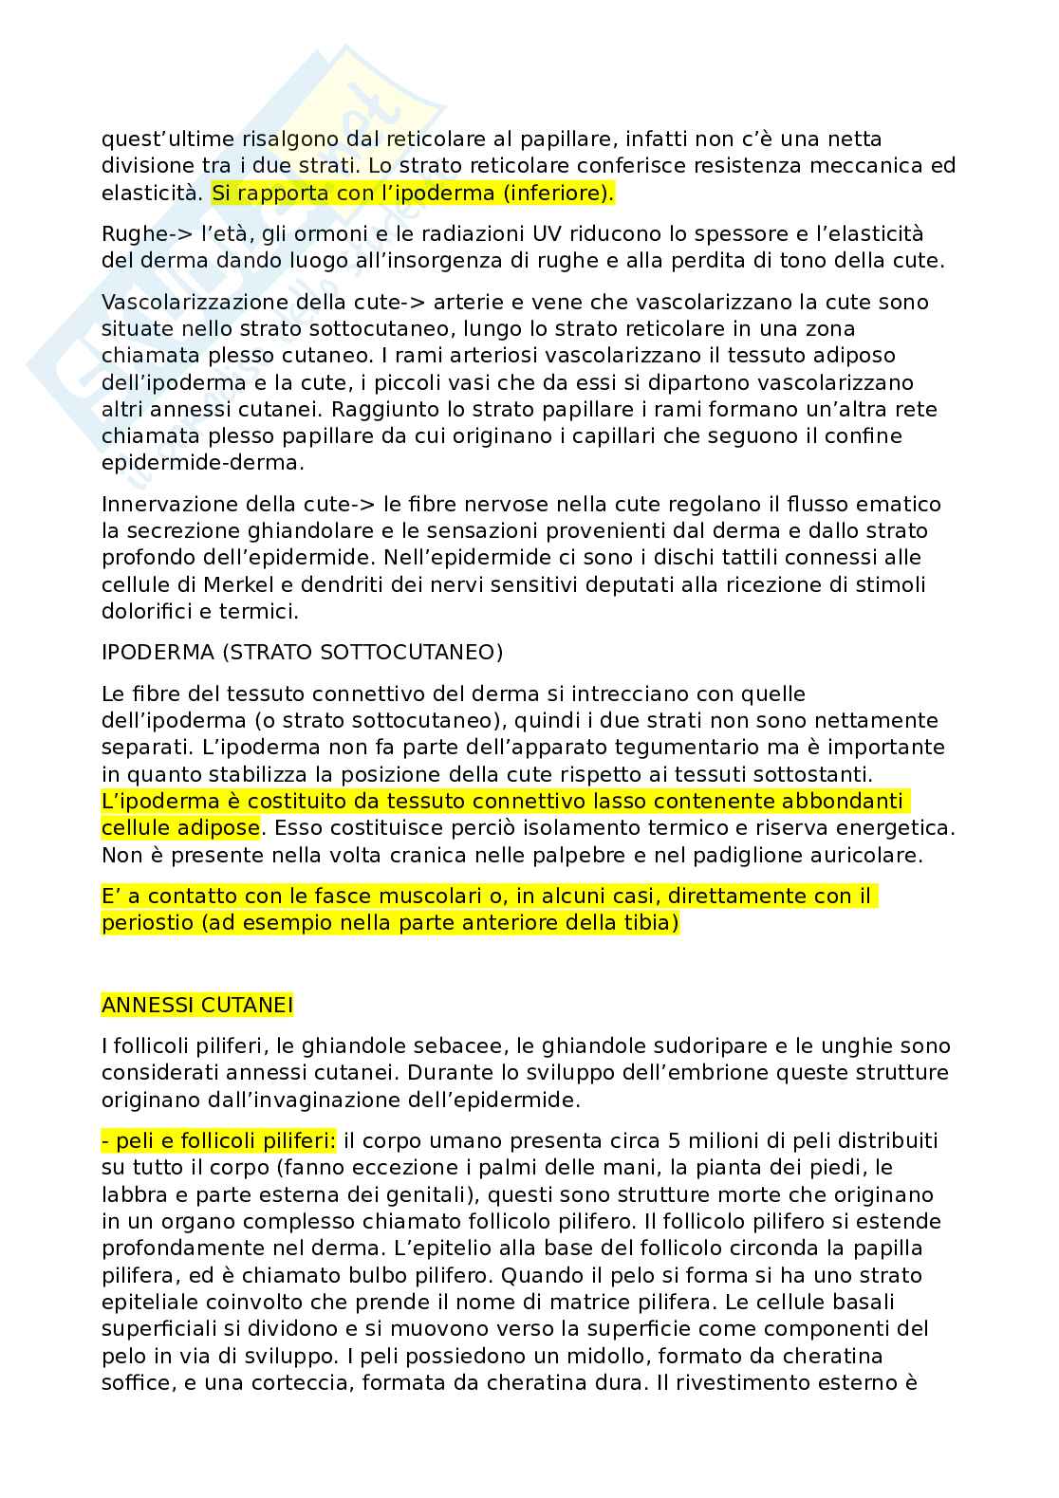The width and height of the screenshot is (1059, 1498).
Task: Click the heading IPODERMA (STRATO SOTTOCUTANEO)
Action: [302, 653]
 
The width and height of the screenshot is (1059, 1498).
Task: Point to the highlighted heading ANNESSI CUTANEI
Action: [197, 1005]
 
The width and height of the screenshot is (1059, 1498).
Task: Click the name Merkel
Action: [224, 584]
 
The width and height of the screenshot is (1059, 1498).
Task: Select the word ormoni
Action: [365, 234]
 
